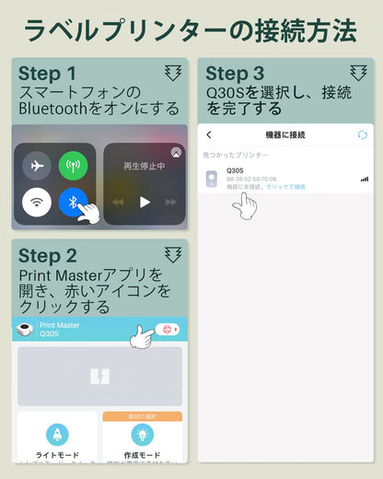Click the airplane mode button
click(37, 166)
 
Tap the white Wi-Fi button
click(37, 201)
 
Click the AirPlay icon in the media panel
click(176, 151)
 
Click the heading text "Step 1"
click(47, 74)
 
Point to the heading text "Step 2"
click(48, 255)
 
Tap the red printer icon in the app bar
click(167, 329)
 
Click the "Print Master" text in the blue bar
click(60, 325)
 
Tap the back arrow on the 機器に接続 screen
click(209, 134)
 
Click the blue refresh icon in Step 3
click(362, 134)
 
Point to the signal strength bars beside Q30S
click(364, 179)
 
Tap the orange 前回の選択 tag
click(142, 415)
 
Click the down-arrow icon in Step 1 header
click(173, 73)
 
